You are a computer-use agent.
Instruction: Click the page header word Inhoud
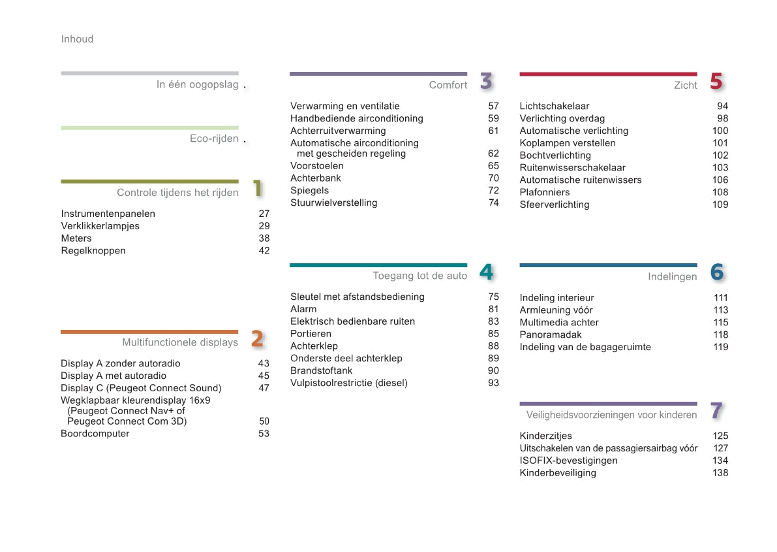[77, 39]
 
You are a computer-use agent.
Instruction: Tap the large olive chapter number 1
[258, 189]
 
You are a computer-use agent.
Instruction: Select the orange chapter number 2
[258, 339]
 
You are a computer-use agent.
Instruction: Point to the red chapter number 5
[716, 82]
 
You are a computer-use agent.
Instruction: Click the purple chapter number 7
[716, 411]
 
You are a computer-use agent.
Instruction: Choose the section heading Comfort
[448, 86]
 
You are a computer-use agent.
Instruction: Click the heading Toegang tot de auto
[420, 276]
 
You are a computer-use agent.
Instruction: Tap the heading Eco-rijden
[214, 138]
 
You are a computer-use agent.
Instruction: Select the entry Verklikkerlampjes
[100, 226]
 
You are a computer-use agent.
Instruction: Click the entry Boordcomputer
[95, 434]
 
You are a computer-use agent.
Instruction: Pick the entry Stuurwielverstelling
[334, 203]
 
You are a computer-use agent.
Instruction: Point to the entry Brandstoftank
[322, 371]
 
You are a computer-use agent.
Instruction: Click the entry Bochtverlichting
[555, 155]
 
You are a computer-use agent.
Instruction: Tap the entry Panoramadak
[551, 335]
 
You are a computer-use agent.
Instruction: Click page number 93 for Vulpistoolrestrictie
[493, 383]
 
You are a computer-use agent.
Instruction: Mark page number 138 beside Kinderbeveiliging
[720, 473]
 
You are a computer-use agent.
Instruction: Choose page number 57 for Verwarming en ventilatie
[493, 106]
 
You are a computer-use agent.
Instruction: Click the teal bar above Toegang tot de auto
[378, 265]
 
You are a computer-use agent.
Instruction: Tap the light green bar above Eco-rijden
[149, 128]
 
